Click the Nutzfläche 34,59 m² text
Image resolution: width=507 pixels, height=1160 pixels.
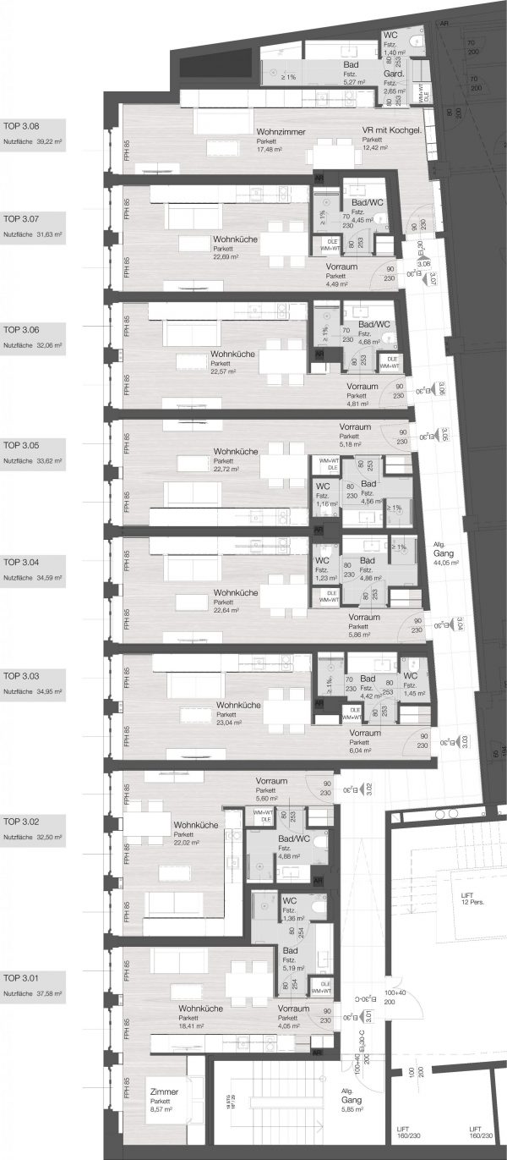click(34, 577)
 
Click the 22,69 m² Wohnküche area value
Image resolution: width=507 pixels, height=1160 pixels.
click(229, 259)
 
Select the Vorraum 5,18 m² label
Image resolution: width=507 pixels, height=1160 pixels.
click(354, 435)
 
